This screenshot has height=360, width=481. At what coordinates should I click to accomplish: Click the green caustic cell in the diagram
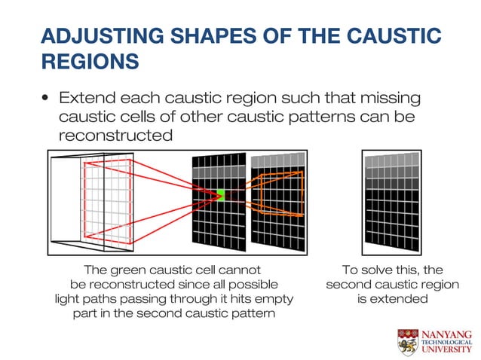[x=220, y=195]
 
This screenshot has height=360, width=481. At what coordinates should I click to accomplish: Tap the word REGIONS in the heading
[x=90, y=61]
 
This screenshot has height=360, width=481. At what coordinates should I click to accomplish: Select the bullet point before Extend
[x=46, y=99]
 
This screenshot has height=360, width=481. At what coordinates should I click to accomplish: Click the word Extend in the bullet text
[x=89, y=99]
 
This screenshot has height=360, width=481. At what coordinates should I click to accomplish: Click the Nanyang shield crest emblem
[x=408, y=341]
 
